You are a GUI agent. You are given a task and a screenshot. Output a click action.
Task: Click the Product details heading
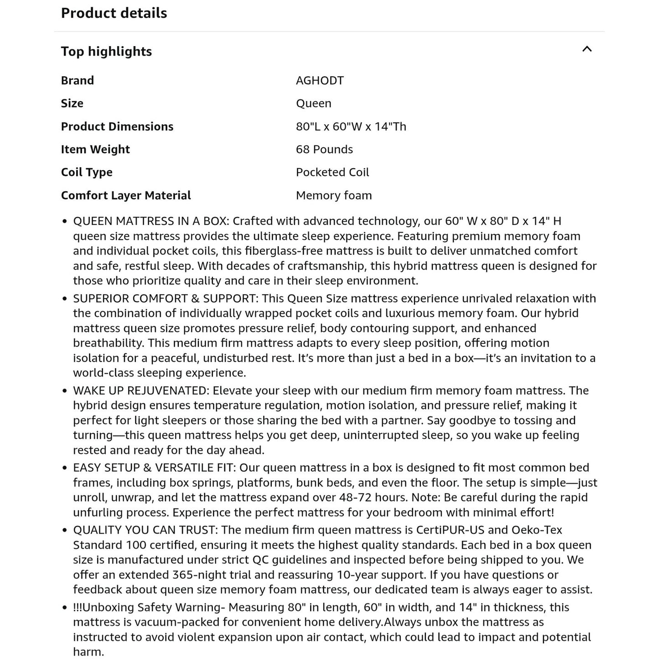(x=114, y=13)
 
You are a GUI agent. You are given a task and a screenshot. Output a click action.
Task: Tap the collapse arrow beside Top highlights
(x=587, y=49)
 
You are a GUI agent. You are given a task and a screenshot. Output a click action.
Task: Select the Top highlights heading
(x=106, y=51)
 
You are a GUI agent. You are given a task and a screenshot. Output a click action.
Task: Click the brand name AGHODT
(x=320, y=80)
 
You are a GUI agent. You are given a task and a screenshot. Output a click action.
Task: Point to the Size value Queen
(x=313, y=103)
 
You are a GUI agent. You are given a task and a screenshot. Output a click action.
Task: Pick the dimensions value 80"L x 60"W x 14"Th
(x=351, y=126)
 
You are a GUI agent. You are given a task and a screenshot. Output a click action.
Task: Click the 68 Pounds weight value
(x=324, y=149)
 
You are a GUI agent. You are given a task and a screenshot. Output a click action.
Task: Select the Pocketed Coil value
(x=332, y=172)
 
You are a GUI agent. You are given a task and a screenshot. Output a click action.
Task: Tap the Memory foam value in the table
(x=333, y=195)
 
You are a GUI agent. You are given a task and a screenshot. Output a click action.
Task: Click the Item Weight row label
(x=95, y=149)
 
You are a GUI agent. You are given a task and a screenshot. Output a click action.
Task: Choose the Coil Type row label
(x=87, y=172)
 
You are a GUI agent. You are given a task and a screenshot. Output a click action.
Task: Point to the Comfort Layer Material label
(x=126, y=195)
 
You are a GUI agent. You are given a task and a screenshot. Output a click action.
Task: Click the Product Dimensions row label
(x=117, y=126)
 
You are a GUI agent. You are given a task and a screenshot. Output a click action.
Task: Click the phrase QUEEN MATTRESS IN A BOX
(x=150, y=221)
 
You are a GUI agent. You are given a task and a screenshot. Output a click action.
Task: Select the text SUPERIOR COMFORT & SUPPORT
(x=165, y=298)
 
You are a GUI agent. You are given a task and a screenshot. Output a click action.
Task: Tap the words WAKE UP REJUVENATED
(x=140, y=390)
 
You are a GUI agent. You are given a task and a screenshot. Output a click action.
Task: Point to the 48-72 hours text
(x=374, y=497)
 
